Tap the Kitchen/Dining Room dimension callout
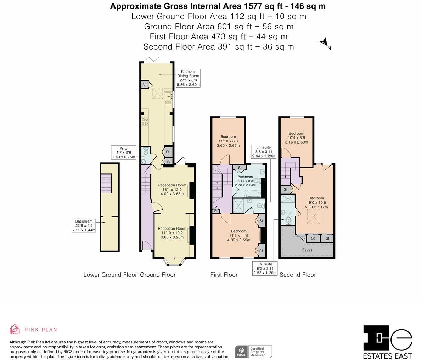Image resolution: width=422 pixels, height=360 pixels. pos(188,78)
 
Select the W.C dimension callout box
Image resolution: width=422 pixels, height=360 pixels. pos(123,152)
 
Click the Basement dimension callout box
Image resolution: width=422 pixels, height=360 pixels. pos(84,226)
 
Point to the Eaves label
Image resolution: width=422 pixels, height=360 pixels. pos(307,250)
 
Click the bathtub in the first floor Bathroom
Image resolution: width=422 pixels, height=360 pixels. pos(252,193)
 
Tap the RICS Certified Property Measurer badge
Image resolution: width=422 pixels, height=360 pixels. pos(254,352)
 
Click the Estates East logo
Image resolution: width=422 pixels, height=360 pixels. pos(388,342)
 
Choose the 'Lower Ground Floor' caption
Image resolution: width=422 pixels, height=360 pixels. pos(110,275)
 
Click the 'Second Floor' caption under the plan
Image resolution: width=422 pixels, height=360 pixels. pos(298,275)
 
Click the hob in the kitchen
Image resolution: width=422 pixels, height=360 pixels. pos(145,122)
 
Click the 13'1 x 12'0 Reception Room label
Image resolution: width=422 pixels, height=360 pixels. pos(172,190)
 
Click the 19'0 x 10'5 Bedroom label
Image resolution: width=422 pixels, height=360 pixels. pos(316,203)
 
